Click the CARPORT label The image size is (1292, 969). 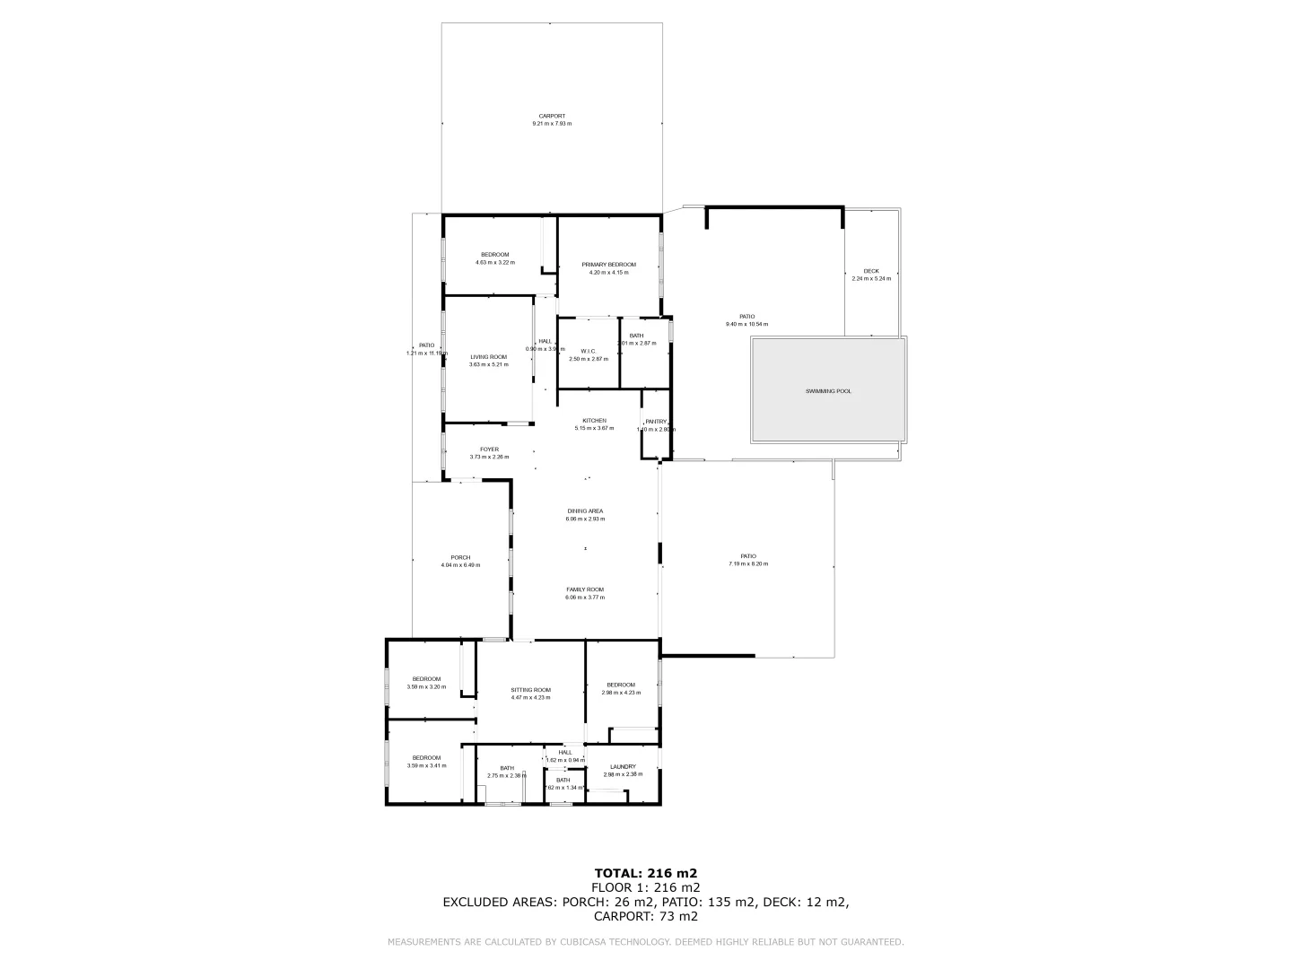click(552, 116)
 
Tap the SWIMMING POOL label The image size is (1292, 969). click(828, 391)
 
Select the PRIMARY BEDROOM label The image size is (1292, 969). click(608, 264)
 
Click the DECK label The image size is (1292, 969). click(871, 271)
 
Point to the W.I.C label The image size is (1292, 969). click(589, 351)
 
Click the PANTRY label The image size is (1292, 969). click(656, 422)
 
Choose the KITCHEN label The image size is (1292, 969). click(594, 421)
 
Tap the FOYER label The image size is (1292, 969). click(489, 450)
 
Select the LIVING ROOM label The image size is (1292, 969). click(488, 357)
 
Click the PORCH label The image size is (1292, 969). click(460, 557)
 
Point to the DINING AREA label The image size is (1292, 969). click(584, 511)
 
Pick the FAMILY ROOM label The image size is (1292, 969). click(584, 589)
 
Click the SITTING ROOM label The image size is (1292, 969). click(530, 690)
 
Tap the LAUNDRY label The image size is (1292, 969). click(623, 766)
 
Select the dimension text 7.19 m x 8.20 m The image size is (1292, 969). click(748, 563)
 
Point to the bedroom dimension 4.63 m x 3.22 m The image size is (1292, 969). click(494, 263)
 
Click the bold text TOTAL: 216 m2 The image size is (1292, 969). click(646, 872)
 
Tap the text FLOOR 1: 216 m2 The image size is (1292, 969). click(646, 887)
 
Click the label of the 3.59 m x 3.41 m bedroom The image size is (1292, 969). click(426, 757)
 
